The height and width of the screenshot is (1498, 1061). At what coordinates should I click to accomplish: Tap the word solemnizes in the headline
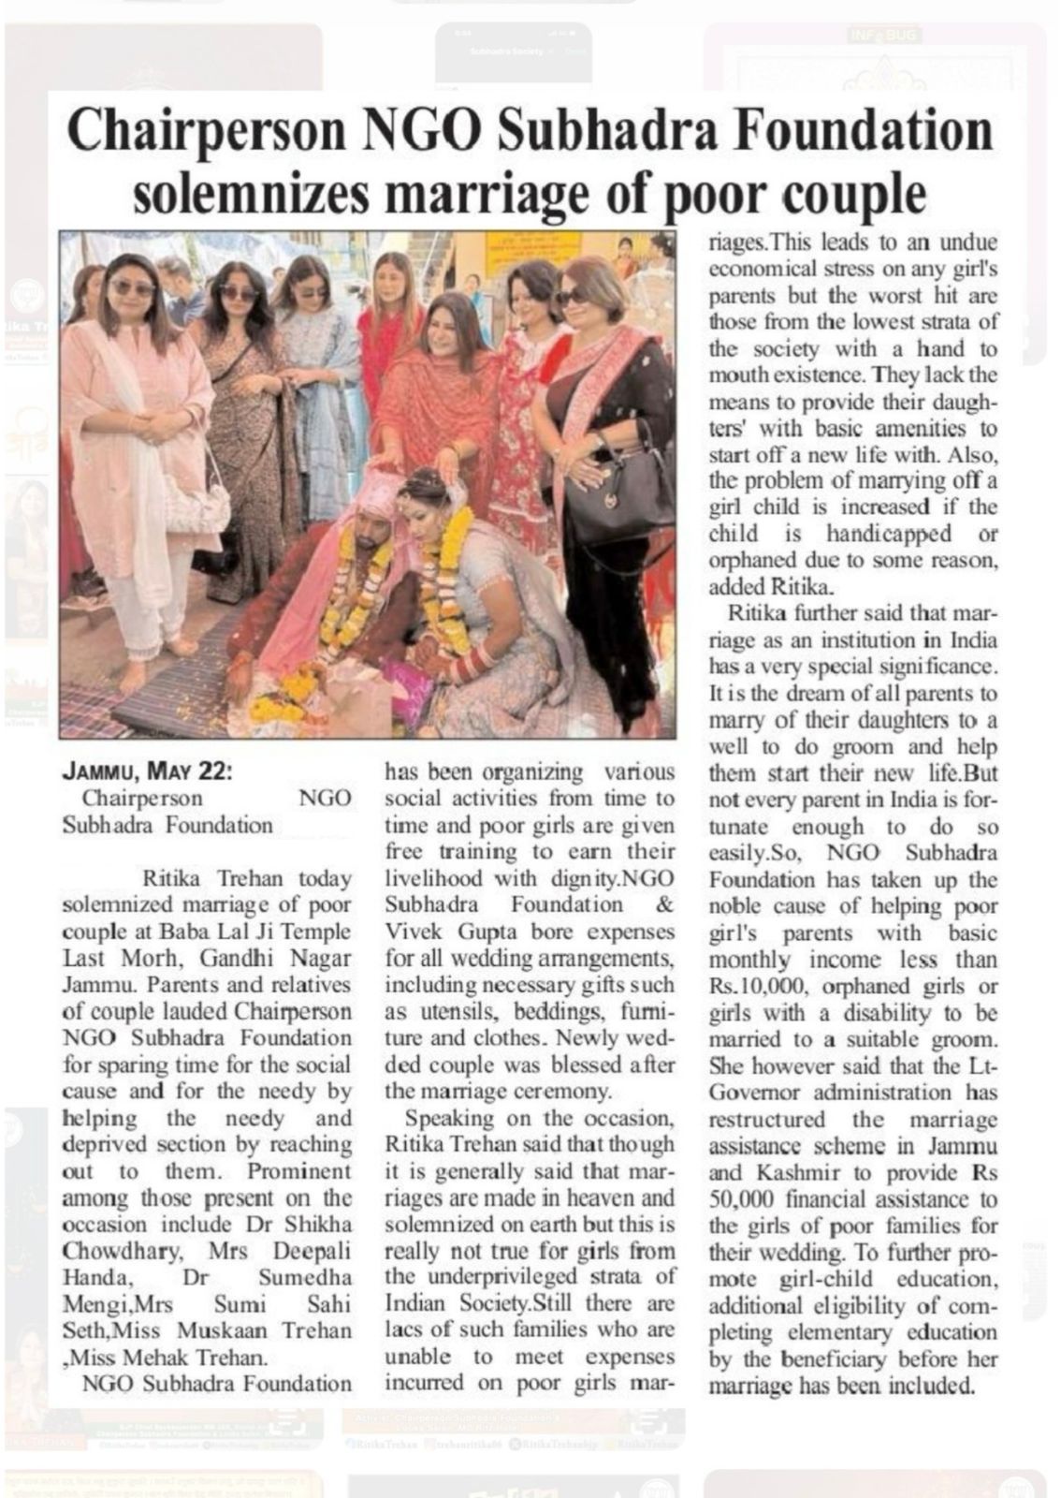point(252,194)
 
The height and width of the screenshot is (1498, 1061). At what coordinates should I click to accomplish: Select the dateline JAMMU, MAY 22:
point(147,772)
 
